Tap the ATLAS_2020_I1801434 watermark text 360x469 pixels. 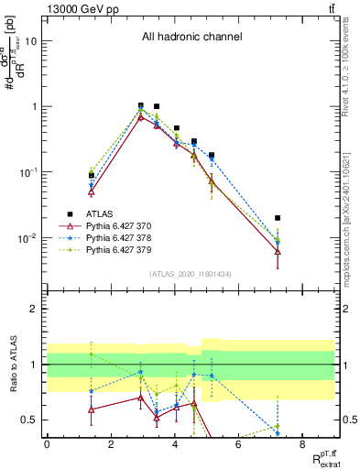[x=189, y=274]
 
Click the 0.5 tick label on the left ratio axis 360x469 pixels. [x=29, y=420]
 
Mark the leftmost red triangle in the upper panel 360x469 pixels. [x=92, y=192]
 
